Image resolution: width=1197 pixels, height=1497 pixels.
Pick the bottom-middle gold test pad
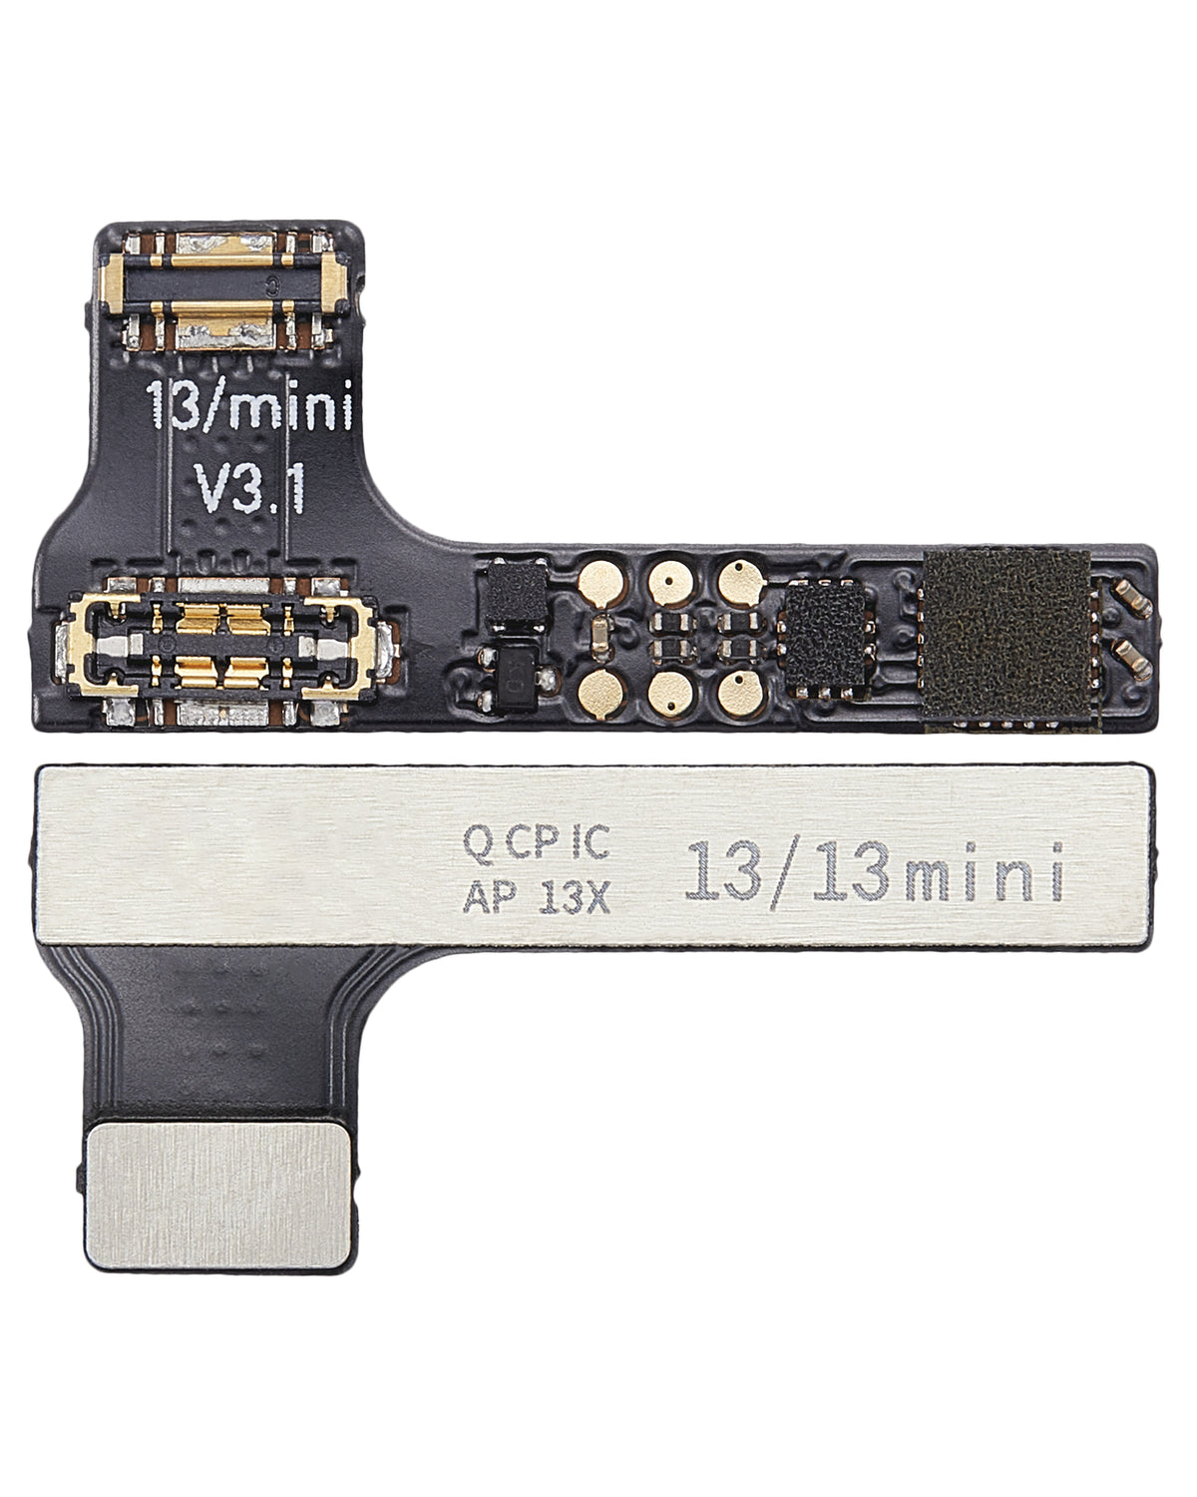point(665,689)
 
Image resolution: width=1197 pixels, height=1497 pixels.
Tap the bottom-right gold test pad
point(735,689)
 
